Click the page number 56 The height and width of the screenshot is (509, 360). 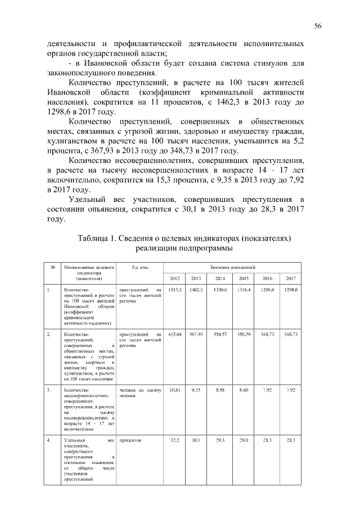[x=317, y=26]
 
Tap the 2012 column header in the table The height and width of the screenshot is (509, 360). [x=175, y=278]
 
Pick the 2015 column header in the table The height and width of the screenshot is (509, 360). [x=243, y=278]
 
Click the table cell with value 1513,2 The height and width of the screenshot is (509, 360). [x=175, y=289]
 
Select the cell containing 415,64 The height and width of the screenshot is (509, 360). [x=175, y=335]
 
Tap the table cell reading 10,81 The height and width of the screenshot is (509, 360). [x=175, y=390]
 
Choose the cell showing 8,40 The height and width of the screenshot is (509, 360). [x=244, y=390]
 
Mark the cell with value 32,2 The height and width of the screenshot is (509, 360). [x=175, y=440]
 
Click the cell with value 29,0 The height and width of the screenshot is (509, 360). [x=244, y=440]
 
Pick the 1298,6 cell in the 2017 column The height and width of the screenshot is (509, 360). [x=291, y=289]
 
